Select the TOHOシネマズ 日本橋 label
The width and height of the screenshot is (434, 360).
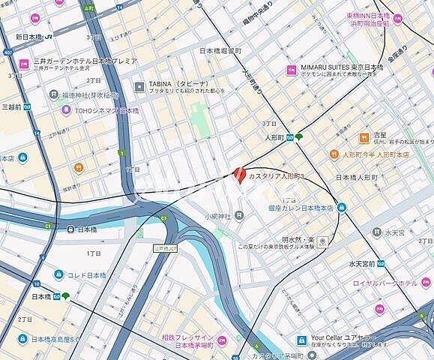[106, 110]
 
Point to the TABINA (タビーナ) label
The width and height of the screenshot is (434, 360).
[169, 84]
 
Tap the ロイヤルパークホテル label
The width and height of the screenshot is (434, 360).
[386, 283]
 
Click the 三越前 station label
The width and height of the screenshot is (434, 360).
[13, 107]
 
